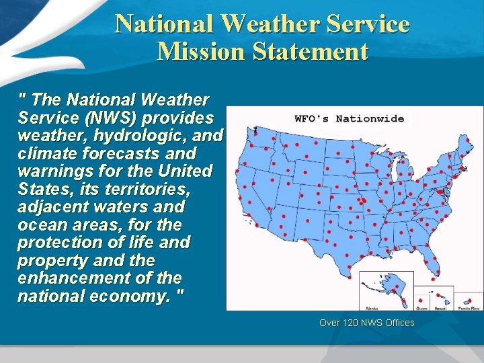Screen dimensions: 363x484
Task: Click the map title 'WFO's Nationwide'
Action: click(350, 119)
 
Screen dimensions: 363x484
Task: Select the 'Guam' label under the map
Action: click(421, 307)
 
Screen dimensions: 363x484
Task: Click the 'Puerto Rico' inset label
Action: click(469, 307)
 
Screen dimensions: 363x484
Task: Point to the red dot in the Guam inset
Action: click(421, 298)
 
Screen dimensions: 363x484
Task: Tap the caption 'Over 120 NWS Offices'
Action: click(367, 323)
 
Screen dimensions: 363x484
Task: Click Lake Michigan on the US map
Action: click(393, 168)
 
